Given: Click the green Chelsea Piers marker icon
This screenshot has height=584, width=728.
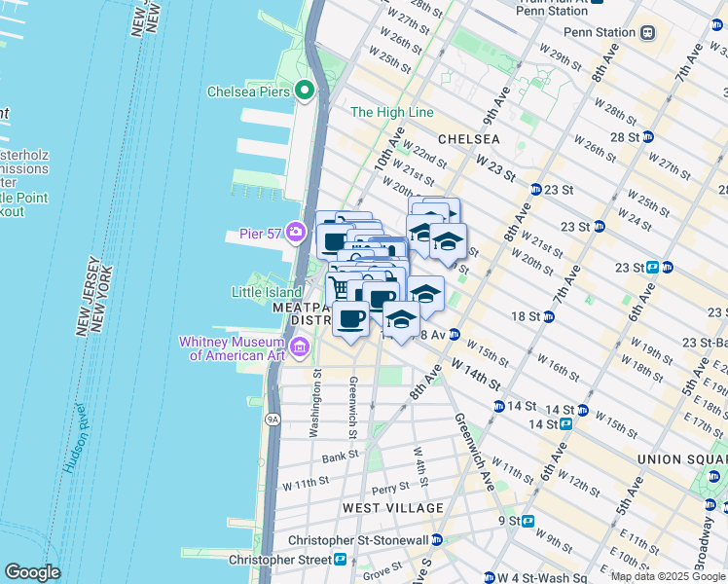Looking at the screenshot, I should pos(305,91).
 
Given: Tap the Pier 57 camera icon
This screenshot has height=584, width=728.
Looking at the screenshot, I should pos(296,234).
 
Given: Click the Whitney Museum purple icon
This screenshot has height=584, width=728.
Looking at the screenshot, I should pos(300,347).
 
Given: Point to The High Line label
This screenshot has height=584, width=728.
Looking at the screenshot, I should pos(391,113).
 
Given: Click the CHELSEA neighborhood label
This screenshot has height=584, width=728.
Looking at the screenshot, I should pos(468,139).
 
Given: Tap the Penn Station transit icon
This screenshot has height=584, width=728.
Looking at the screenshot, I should pos(647,32).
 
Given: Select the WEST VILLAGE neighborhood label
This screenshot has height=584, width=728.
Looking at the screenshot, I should pos(392,508).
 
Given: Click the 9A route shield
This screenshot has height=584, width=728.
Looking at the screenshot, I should pos(273,420).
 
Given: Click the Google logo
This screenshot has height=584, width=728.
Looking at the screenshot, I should pos(32,572).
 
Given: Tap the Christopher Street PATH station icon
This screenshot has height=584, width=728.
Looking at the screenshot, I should pos(341,560).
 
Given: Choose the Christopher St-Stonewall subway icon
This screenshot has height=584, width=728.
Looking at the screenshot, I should pos(437,540).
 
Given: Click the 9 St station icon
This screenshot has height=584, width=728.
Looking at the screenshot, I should pos(528,521).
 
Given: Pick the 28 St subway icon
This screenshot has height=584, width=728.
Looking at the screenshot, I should pos(648,137).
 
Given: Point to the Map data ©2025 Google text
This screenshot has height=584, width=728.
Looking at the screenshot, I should pos(667,576).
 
